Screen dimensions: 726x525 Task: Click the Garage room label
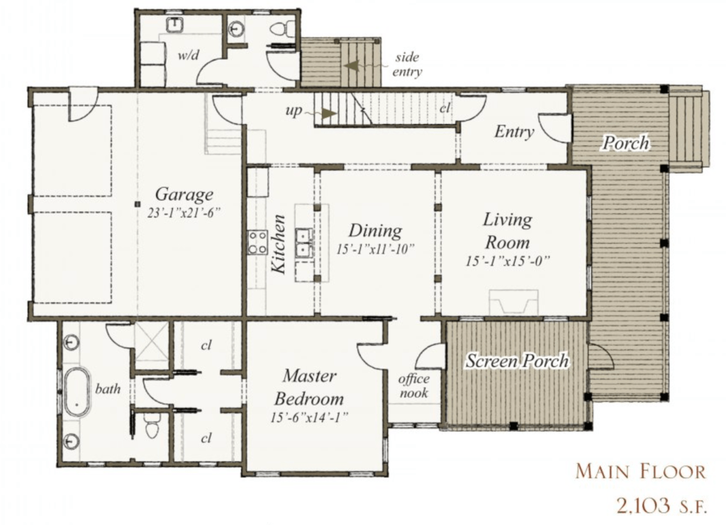(x=184, y=194)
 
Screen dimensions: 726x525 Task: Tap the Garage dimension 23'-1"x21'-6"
(x=184, y=213)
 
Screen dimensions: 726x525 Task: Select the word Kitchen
(x=279, y=244)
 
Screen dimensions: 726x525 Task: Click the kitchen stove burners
(x=257, y=242)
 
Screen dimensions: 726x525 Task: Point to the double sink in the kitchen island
(x=305, y=243)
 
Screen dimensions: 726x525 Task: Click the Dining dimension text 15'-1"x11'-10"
(x=375, y=249)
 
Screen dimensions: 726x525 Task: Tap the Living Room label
(x=508, y=230)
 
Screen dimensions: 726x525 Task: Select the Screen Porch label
(x=517, y=361)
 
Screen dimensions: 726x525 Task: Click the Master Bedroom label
(x=309, y=387)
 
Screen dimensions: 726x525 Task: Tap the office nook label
(x=414, y=385)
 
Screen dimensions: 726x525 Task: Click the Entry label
(x=514, y=132)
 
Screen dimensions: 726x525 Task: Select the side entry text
(x=408, y=64)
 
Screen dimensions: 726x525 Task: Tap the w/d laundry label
(x=189, y=55)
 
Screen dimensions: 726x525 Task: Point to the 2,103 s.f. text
(x=661, y=506)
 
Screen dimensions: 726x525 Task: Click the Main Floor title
(x=641, y=471)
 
